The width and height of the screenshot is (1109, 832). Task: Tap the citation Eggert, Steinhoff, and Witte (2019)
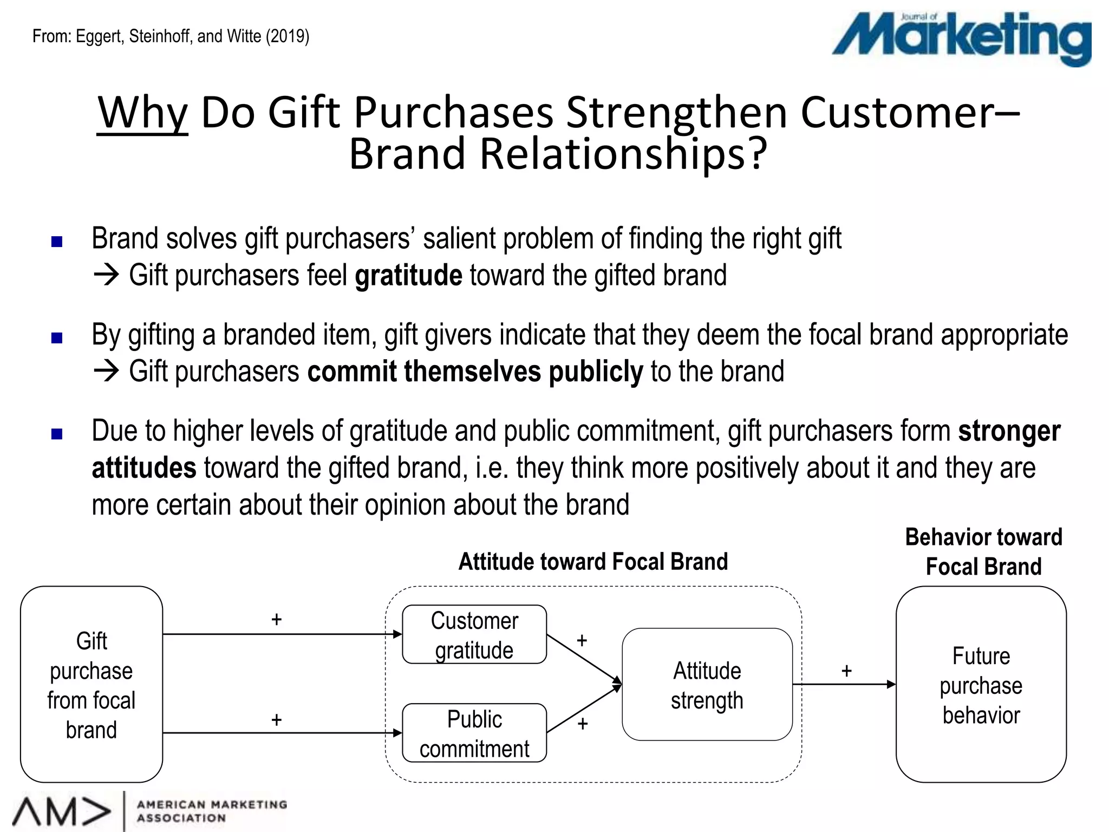pos(171,36)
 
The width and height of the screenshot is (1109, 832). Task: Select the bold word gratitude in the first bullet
pos(408,275)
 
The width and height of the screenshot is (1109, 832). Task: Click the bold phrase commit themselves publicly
pos(475,372)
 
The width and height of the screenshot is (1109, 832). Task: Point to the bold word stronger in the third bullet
pos(1009,431)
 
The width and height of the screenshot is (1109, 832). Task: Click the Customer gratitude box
pos(474,634)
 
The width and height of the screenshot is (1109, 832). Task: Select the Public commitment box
pos(474,733)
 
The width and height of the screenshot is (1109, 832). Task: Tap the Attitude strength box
pos(707,685)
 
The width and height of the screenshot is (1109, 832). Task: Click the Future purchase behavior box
pos(981,685)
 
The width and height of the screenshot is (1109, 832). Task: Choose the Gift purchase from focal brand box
pos(92,685)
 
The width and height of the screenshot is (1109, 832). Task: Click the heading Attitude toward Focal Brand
pos(593,562)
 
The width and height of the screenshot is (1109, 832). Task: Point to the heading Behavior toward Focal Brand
pos(983,552)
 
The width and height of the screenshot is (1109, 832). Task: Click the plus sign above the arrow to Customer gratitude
pos(277,619)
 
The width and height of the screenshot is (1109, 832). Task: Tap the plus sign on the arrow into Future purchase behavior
pos(846,671)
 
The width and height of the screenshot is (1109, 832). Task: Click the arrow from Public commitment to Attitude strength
pos(584,709)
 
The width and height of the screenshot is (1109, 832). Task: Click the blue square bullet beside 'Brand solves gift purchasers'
pos(57,242)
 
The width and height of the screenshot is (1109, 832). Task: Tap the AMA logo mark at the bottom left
pos(61,812)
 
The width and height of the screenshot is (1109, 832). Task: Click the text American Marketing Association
pos(212,811)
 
